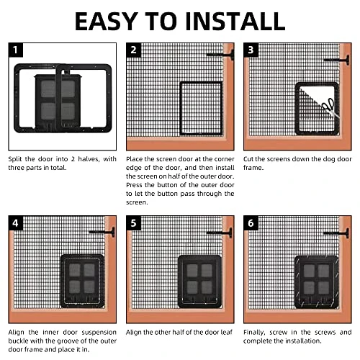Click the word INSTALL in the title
(235, 22)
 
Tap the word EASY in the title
(107, 22)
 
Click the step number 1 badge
(16, 50)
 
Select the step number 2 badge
(133, 50)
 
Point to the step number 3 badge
(251, 50)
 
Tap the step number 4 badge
(16, 223)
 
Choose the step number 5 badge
(133, 223)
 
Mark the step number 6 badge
(251, 223)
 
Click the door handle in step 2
(220, 55)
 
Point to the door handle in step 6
(336, 233)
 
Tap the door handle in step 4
(102, 232)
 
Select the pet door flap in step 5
(199, 282)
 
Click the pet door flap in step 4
(82, 282)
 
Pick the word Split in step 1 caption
(15, 159)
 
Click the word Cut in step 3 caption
(248, 159)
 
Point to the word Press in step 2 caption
(134, 185)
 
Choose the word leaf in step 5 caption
(227, 332)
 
